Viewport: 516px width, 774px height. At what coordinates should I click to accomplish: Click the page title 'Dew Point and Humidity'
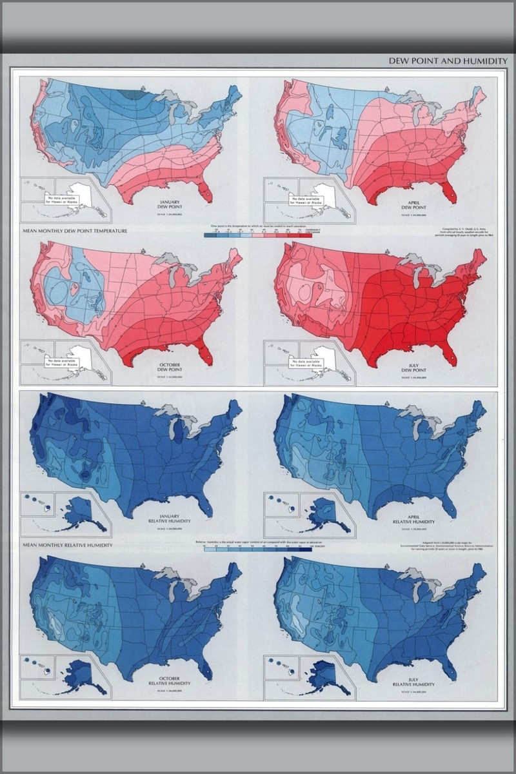pos(448,61)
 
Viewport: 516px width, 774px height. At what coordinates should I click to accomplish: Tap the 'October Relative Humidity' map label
pos(170,680)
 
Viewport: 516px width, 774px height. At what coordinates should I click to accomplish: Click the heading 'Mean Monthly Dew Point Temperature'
pos(74,230)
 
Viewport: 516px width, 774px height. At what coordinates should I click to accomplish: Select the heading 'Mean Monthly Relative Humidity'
pos(67,545)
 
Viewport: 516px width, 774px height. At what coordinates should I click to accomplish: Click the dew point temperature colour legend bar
pos(257,236)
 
